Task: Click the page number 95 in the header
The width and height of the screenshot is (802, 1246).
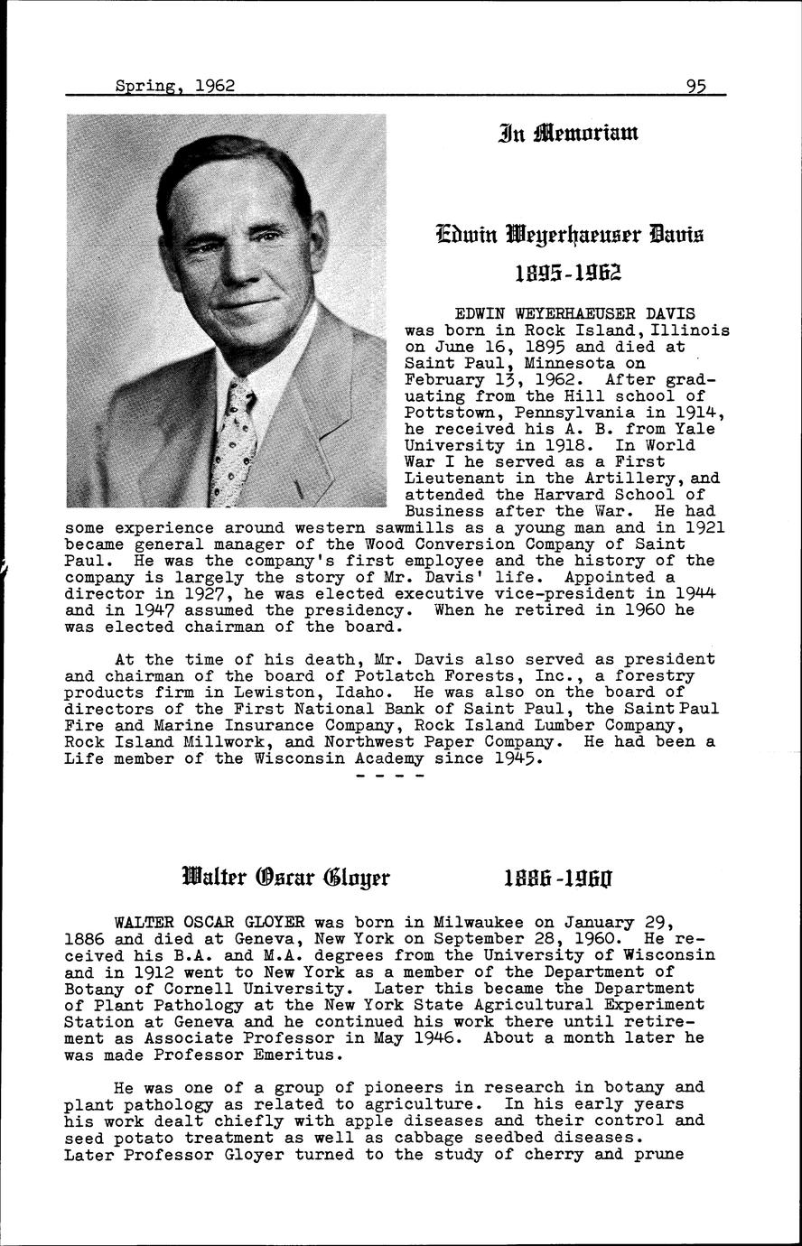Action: [695, 86]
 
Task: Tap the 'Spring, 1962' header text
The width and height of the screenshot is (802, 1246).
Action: [175, 86]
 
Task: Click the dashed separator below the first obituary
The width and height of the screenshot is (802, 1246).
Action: [390, 776]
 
